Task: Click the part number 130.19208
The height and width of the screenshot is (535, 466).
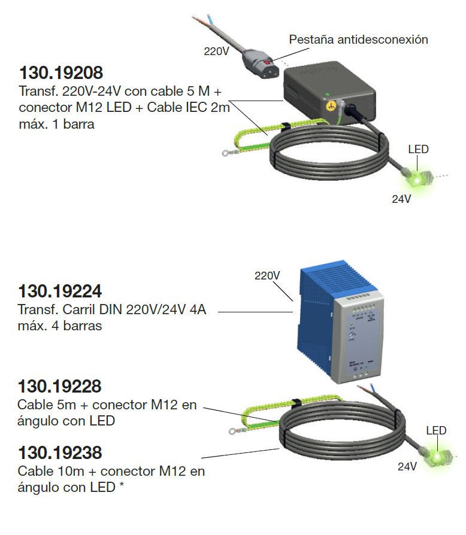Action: pos(61,73)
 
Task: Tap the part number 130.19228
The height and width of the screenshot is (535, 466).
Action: pos(60,386)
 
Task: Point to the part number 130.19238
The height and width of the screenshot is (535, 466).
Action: pos(60,452)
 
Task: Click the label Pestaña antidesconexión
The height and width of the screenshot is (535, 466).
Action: pos(359,39)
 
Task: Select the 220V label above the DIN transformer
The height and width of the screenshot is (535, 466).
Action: pos(268,276)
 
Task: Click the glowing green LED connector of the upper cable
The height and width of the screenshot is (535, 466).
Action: pos(414,177)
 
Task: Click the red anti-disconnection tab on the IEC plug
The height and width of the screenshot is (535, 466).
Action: pos(265,62)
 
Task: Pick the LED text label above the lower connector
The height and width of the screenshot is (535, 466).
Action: pos(436,430)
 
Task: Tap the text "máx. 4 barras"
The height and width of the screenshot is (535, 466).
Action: pos(60,326)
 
